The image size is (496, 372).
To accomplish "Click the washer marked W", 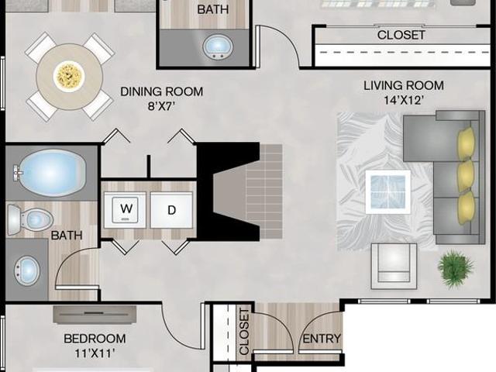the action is (126, 210).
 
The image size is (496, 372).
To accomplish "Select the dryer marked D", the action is (171, 210).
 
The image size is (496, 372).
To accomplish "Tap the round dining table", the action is (69, 77).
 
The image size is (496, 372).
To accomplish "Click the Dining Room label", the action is (162, 91).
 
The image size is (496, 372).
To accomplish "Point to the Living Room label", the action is (404, 85).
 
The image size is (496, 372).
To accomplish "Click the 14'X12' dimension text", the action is (404, 100).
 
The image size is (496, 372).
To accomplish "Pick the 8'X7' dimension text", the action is (161, 106).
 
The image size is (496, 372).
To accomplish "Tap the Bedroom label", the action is (95, 339).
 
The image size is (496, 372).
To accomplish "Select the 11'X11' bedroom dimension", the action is (95, 353).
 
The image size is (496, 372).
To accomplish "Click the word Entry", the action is (322, 339).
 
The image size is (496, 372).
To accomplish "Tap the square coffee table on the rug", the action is (388, 191).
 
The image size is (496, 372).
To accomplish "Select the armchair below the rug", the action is (394, 267).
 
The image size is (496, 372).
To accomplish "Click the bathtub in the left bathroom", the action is (50, 173).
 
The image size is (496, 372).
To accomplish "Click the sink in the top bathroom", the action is (218, 46).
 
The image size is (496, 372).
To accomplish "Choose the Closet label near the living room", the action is (401, 35).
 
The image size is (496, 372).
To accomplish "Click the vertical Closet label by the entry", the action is (244, 332).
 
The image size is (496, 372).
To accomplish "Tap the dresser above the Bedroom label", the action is (95, 315).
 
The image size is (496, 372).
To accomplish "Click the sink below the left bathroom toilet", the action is (27, 270).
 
